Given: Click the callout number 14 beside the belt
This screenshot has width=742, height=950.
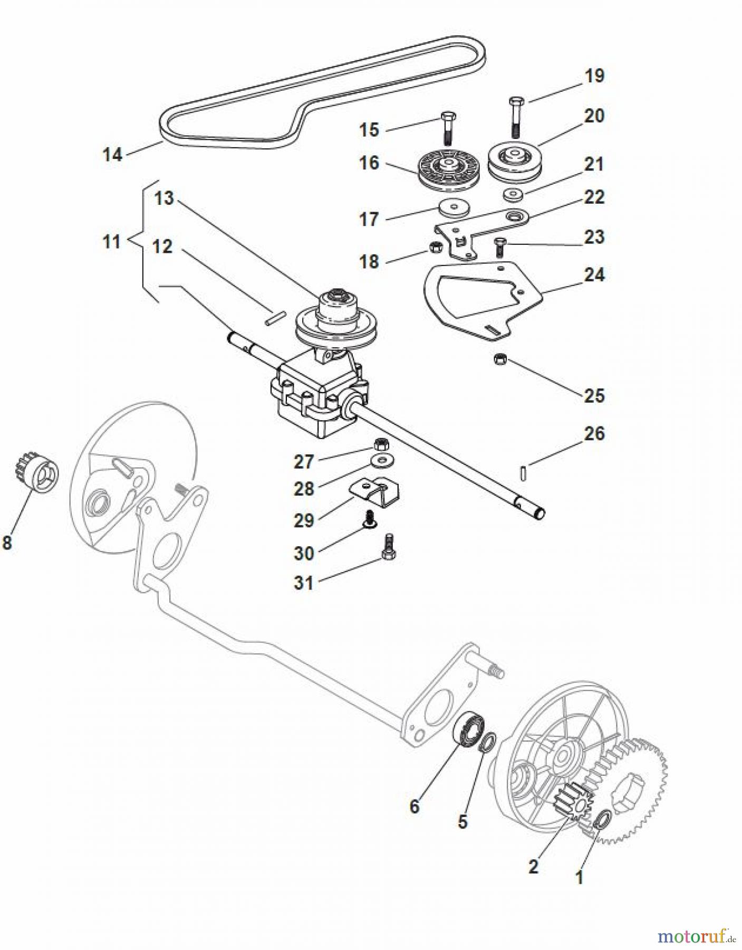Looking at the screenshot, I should (x=112, y=155).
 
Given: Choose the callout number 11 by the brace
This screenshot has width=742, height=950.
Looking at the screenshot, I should (x=111, y=242).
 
